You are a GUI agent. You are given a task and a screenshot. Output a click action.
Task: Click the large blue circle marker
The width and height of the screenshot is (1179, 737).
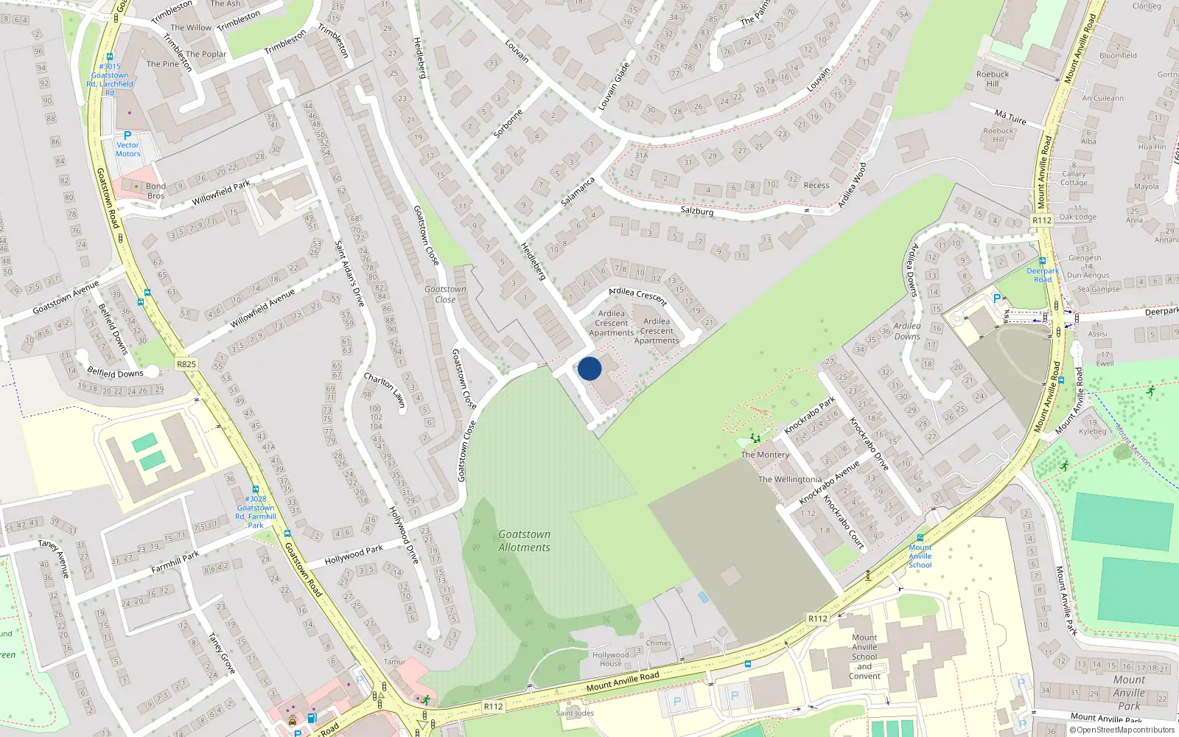pyautogui.click(x=589, y=368)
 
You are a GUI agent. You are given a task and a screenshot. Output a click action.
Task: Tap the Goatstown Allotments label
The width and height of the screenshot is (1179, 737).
pyautogui.click(x=524, y=541)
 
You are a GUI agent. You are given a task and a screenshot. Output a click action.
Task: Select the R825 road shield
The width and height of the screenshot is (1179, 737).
pyautogui.click(x=186, y=364)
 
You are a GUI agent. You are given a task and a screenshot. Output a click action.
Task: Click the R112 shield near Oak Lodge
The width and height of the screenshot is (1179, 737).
pyautogui.click(x=1042, y=220)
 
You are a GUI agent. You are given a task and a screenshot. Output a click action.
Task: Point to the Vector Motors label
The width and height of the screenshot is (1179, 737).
pyautogui.click(x=127, y=150)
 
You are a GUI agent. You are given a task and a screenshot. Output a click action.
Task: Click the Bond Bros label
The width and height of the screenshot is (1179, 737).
pyautogui.click(x=155, y=191)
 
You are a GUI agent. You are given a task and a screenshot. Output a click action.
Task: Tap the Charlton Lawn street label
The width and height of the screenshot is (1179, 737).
pyautogui.click(x=385, y=390)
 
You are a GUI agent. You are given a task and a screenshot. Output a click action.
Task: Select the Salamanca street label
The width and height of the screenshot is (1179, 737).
pyautogui.click(x=578, y=192)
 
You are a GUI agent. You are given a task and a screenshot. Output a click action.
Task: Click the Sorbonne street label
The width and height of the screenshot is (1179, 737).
pyautogui.click(x=508, y=124)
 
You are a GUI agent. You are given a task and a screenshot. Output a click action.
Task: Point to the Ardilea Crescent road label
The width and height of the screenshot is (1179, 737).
pyautogui.click(x=637, y=296)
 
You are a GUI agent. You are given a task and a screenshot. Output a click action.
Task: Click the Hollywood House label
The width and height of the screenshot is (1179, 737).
pyautogui.click(x=610, y=659)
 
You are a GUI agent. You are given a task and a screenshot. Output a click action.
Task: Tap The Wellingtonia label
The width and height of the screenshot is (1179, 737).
pyautogui.click(x=789, y=480)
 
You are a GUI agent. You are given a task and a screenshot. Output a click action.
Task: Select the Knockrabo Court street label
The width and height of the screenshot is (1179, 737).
pyautogui.click(x=844, y=523)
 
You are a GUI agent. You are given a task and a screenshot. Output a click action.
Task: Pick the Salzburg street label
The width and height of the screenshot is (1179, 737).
pyautogui.click(x=696, y=211)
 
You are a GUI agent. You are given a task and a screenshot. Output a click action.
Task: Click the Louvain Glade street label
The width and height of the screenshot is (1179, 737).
pyautogui.click(x=614, y=87)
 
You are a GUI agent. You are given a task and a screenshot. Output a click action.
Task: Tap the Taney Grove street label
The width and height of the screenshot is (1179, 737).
pyautogui.click(x=221, y=653)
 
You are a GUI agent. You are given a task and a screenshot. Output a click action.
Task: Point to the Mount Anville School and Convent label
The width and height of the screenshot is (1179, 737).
pyautogui.click(x=864, y=657)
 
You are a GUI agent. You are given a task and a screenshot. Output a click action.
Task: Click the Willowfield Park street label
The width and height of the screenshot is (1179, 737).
pyautogui.click(x=221, y=192)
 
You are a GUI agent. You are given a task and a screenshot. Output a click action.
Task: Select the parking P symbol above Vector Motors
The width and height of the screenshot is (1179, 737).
pyautogui.click(x=127, y=136)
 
